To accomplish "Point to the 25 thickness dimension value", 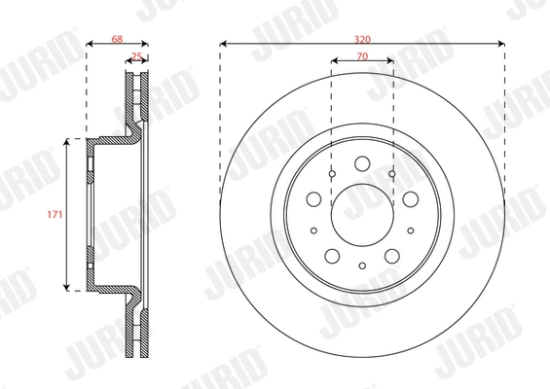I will (x=137, y=57).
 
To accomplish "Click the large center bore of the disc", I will (x=361, y=213).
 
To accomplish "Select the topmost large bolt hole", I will (x=361, y=163).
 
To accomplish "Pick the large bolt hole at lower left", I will (x=331, y=254).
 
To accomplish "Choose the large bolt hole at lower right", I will (x=391, y=254).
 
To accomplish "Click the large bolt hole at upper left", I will (x=313, y=198).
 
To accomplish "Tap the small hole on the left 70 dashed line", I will (x=332, y=174).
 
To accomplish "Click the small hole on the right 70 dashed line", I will (x=391, y=174).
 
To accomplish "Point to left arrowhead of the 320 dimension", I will (x=224, y=43).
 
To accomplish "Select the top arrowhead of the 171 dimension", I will (x=67, y=142).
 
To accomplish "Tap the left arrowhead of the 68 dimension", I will (x=90, y=43).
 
